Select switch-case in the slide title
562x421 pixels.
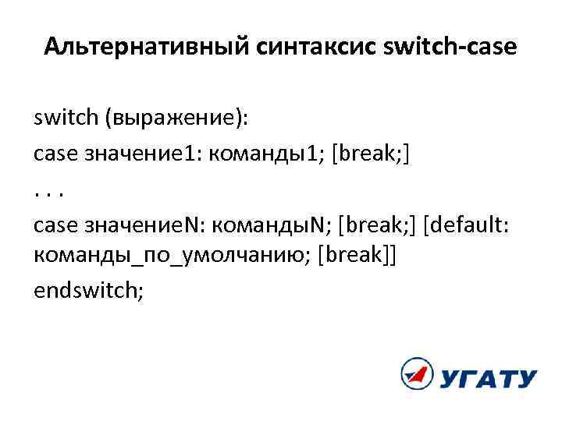[450, 48]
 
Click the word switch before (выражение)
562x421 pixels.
[63, 119]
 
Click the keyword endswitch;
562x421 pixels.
[89, 290]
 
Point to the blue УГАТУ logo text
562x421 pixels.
[487, 379]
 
